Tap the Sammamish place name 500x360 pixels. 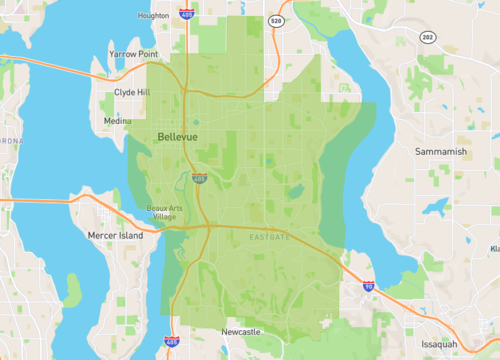[440, 151]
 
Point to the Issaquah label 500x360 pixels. [440, 343]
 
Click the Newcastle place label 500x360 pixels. [240, 331]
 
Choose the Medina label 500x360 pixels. [116, 121]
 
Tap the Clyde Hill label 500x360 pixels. [132, 91]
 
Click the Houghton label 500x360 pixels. [153, 16]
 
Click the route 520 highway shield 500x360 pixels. [276, 20]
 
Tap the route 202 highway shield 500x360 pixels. [427, 38]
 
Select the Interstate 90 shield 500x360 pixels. [369, 286]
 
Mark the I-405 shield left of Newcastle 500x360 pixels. [173, 342]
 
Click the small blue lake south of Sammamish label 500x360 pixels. [436, 208]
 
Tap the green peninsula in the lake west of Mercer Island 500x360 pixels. [72, 290]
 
